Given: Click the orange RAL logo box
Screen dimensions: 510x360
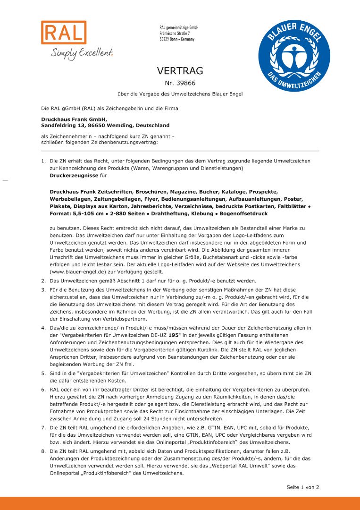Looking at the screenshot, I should pyautogui.click(x=64, y=33).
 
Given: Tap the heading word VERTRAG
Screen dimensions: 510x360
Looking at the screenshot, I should pyautogui.click(x=180, y=71).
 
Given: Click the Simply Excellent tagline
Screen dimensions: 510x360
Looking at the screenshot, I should pyautogui.click(x=82, y=53).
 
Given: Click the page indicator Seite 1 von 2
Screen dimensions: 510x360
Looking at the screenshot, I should pyautogui.click(x=303, y=487).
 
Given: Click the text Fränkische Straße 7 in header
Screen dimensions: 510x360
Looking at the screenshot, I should pyautogui.click(x=175, y=34).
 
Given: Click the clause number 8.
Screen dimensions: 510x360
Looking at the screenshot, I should pyautogui.click(x=43, y=452).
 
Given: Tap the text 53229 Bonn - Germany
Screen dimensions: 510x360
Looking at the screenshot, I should pyautogui.click(x=177, y=39).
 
